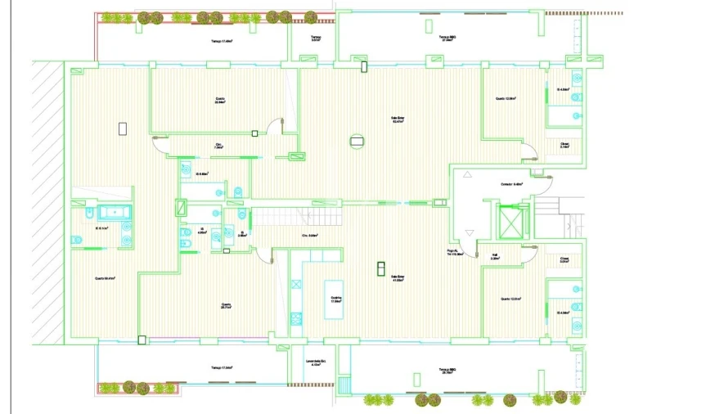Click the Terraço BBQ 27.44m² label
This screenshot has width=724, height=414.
point(446,38)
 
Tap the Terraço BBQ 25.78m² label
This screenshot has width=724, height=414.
point(446,371)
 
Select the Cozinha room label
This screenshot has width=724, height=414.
point(335,299)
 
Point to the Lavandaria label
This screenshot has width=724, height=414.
point(317,362)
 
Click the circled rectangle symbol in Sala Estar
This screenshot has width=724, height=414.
point(356,141)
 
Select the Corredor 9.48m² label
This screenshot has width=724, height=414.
point(511,184)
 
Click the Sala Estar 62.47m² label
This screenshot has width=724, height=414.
point(398,119)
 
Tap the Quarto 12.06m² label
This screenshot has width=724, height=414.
point(506,99)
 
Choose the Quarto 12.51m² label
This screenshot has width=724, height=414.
point(510,299)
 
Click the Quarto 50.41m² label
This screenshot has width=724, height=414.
point(104,278)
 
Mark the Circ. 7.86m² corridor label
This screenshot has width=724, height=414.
point(219,147)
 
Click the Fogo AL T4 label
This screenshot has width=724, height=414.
point(456,253)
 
